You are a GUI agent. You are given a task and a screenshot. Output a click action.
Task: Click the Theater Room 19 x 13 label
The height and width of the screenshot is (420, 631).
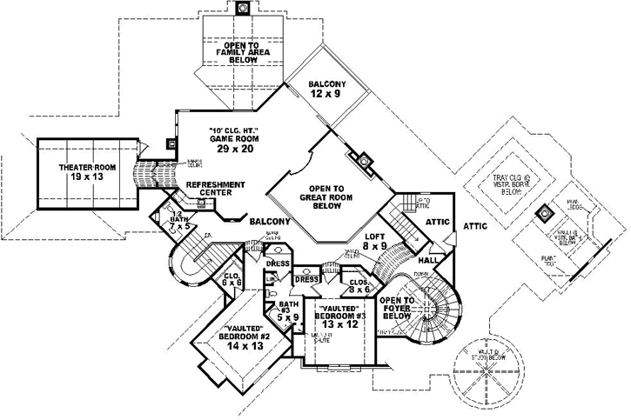coord(87,170)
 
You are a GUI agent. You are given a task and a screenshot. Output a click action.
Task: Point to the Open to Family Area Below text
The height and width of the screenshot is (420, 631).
coord(244,53)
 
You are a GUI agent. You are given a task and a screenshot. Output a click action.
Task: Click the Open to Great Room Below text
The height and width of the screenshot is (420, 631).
coord(326,197)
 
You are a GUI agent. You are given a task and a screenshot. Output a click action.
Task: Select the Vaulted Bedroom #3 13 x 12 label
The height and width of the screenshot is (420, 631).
coord(340,317)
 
